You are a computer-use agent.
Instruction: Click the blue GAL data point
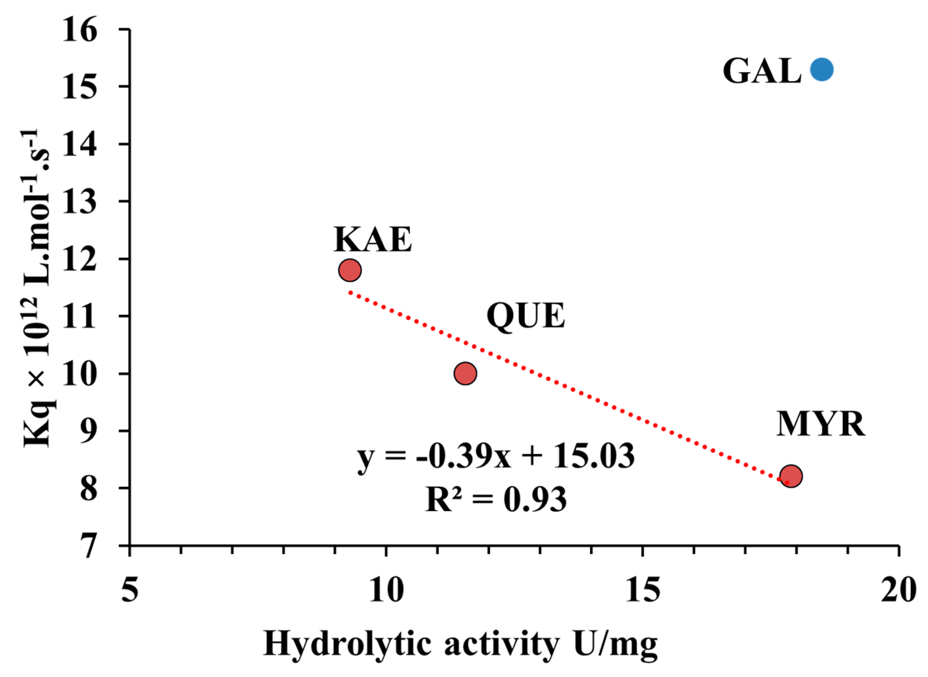821,70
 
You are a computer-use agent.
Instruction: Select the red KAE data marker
350,270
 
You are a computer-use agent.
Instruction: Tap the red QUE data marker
465,373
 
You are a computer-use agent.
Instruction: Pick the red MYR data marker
791,476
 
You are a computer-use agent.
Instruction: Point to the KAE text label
372,239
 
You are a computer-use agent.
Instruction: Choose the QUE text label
526,316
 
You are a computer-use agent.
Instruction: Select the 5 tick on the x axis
130,591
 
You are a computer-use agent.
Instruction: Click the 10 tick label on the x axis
386,591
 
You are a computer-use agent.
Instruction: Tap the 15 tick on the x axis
642,591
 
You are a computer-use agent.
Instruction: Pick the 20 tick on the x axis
898,591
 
